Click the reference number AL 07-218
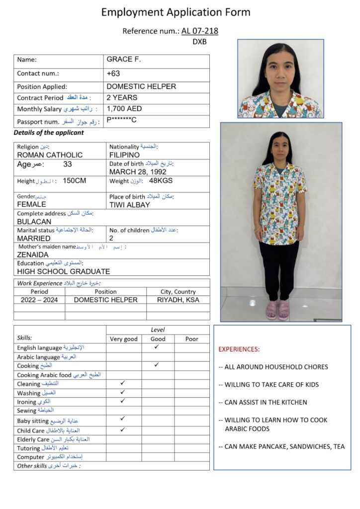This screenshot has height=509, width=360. pos(199,31)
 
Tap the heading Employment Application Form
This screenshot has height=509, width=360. pos(176,12)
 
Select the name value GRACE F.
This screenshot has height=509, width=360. pos(124,60)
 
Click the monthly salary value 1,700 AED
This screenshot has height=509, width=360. pos(124,108)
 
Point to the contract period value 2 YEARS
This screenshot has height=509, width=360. pos(122,97)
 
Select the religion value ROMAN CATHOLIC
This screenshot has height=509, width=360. pos(50,155)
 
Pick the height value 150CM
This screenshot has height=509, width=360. pos(75,181)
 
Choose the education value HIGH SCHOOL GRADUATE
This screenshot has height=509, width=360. pos(64,271)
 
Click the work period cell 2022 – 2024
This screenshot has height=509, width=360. pos(39,300)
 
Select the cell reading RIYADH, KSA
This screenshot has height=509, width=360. pos(178,300)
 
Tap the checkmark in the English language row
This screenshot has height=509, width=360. pos(157,347)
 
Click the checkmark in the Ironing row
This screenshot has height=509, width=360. pos(123,401)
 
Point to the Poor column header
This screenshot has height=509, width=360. pos(191,339)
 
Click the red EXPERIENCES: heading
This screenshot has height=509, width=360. pos(239,349)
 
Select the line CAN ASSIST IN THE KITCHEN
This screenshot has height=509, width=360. pos(266,402)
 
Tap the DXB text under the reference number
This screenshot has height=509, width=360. pos(199,42)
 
